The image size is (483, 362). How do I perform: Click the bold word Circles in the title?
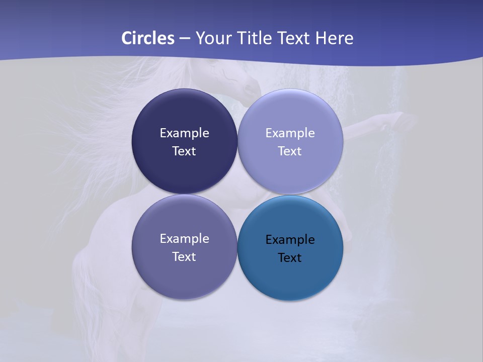(x=147, y=38)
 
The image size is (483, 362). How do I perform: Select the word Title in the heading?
(x=255, y=38)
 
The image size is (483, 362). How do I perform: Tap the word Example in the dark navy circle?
(x=184, y=133)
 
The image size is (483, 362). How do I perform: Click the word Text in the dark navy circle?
(x=184, y=151)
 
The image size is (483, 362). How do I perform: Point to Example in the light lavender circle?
(x=290, y=133)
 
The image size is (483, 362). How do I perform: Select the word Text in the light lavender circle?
(x=290, y=151)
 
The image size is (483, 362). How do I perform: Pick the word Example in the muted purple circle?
(x=184, y=238)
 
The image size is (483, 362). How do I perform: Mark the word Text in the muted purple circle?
(x=184, y=256)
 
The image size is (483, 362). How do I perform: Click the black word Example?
(x=290, y=239)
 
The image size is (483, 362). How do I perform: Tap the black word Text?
(x=290, y=257)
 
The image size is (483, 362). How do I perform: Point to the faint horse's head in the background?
(x=236, y=80)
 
